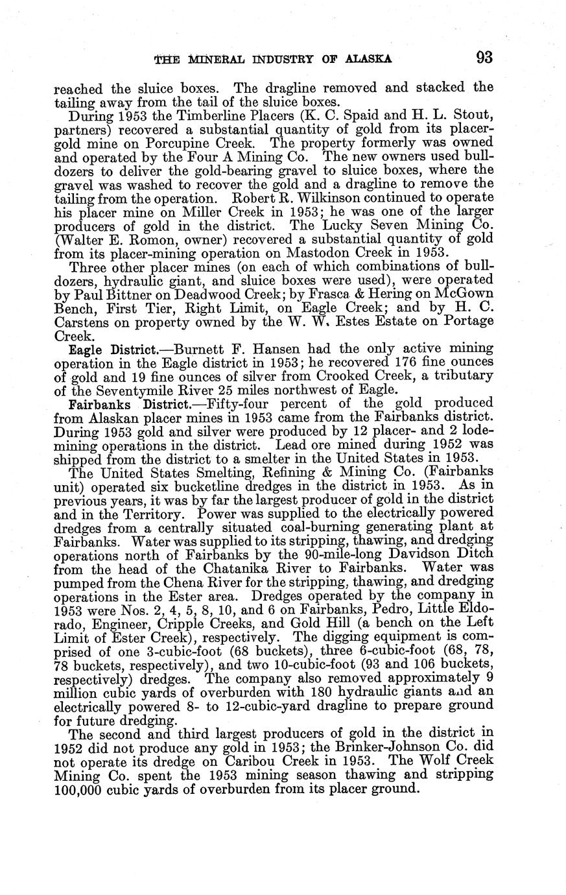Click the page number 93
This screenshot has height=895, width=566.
coord(484,58)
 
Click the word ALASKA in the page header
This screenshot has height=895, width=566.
coord(368,59)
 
